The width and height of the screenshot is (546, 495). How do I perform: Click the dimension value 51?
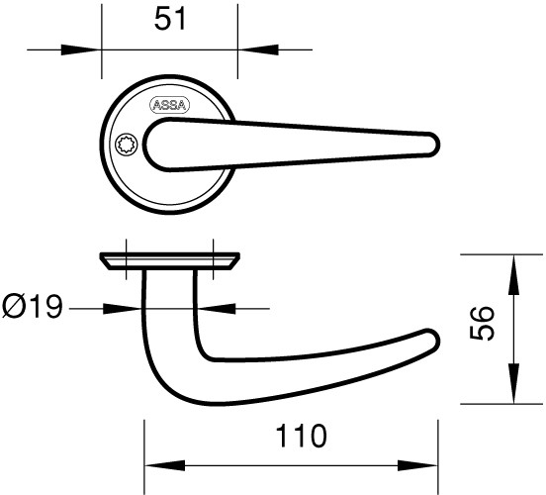click(170, 20)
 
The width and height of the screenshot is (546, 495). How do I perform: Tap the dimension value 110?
click(302, 436)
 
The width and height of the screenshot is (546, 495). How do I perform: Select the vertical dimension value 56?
click(482, 323)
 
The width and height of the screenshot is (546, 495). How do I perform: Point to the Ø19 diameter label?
click(33, 307)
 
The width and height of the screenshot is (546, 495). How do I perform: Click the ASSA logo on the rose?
click(169, 105)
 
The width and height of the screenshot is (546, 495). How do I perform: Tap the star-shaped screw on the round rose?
click(126, 145)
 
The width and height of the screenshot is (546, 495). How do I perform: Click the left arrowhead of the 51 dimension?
click(81, 49)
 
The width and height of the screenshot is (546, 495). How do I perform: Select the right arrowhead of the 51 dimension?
click(258, 49)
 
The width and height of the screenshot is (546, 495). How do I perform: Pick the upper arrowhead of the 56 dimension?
click(513, 274)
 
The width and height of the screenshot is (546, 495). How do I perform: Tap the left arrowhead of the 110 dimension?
click(165, 465)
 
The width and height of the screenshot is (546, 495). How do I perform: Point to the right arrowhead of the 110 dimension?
click(417, 465)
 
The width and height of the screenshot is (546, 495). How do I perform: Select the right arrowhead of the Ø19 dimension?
click(216, 309)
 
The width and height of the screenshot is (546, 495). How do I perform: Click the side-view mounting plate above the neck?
click(170, 260)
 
